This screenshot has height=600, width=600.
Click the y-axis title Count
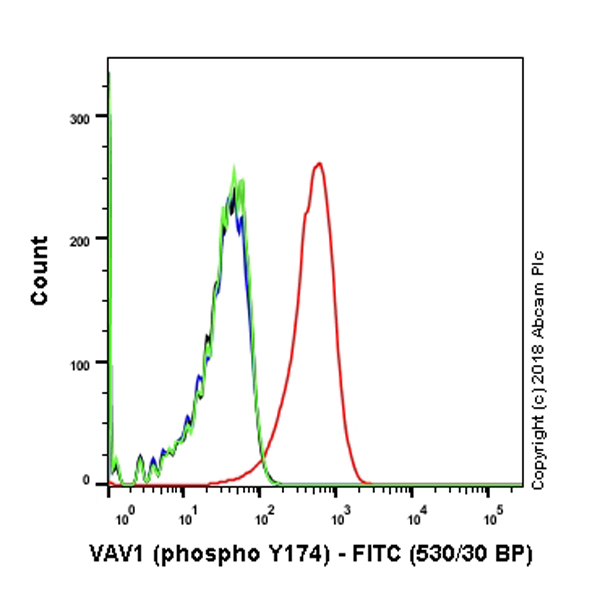[39, 270]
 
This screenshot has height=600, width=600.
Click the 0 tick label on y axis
[93, 481]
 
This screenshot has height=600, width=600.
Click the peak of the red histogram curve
[318, 163]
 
